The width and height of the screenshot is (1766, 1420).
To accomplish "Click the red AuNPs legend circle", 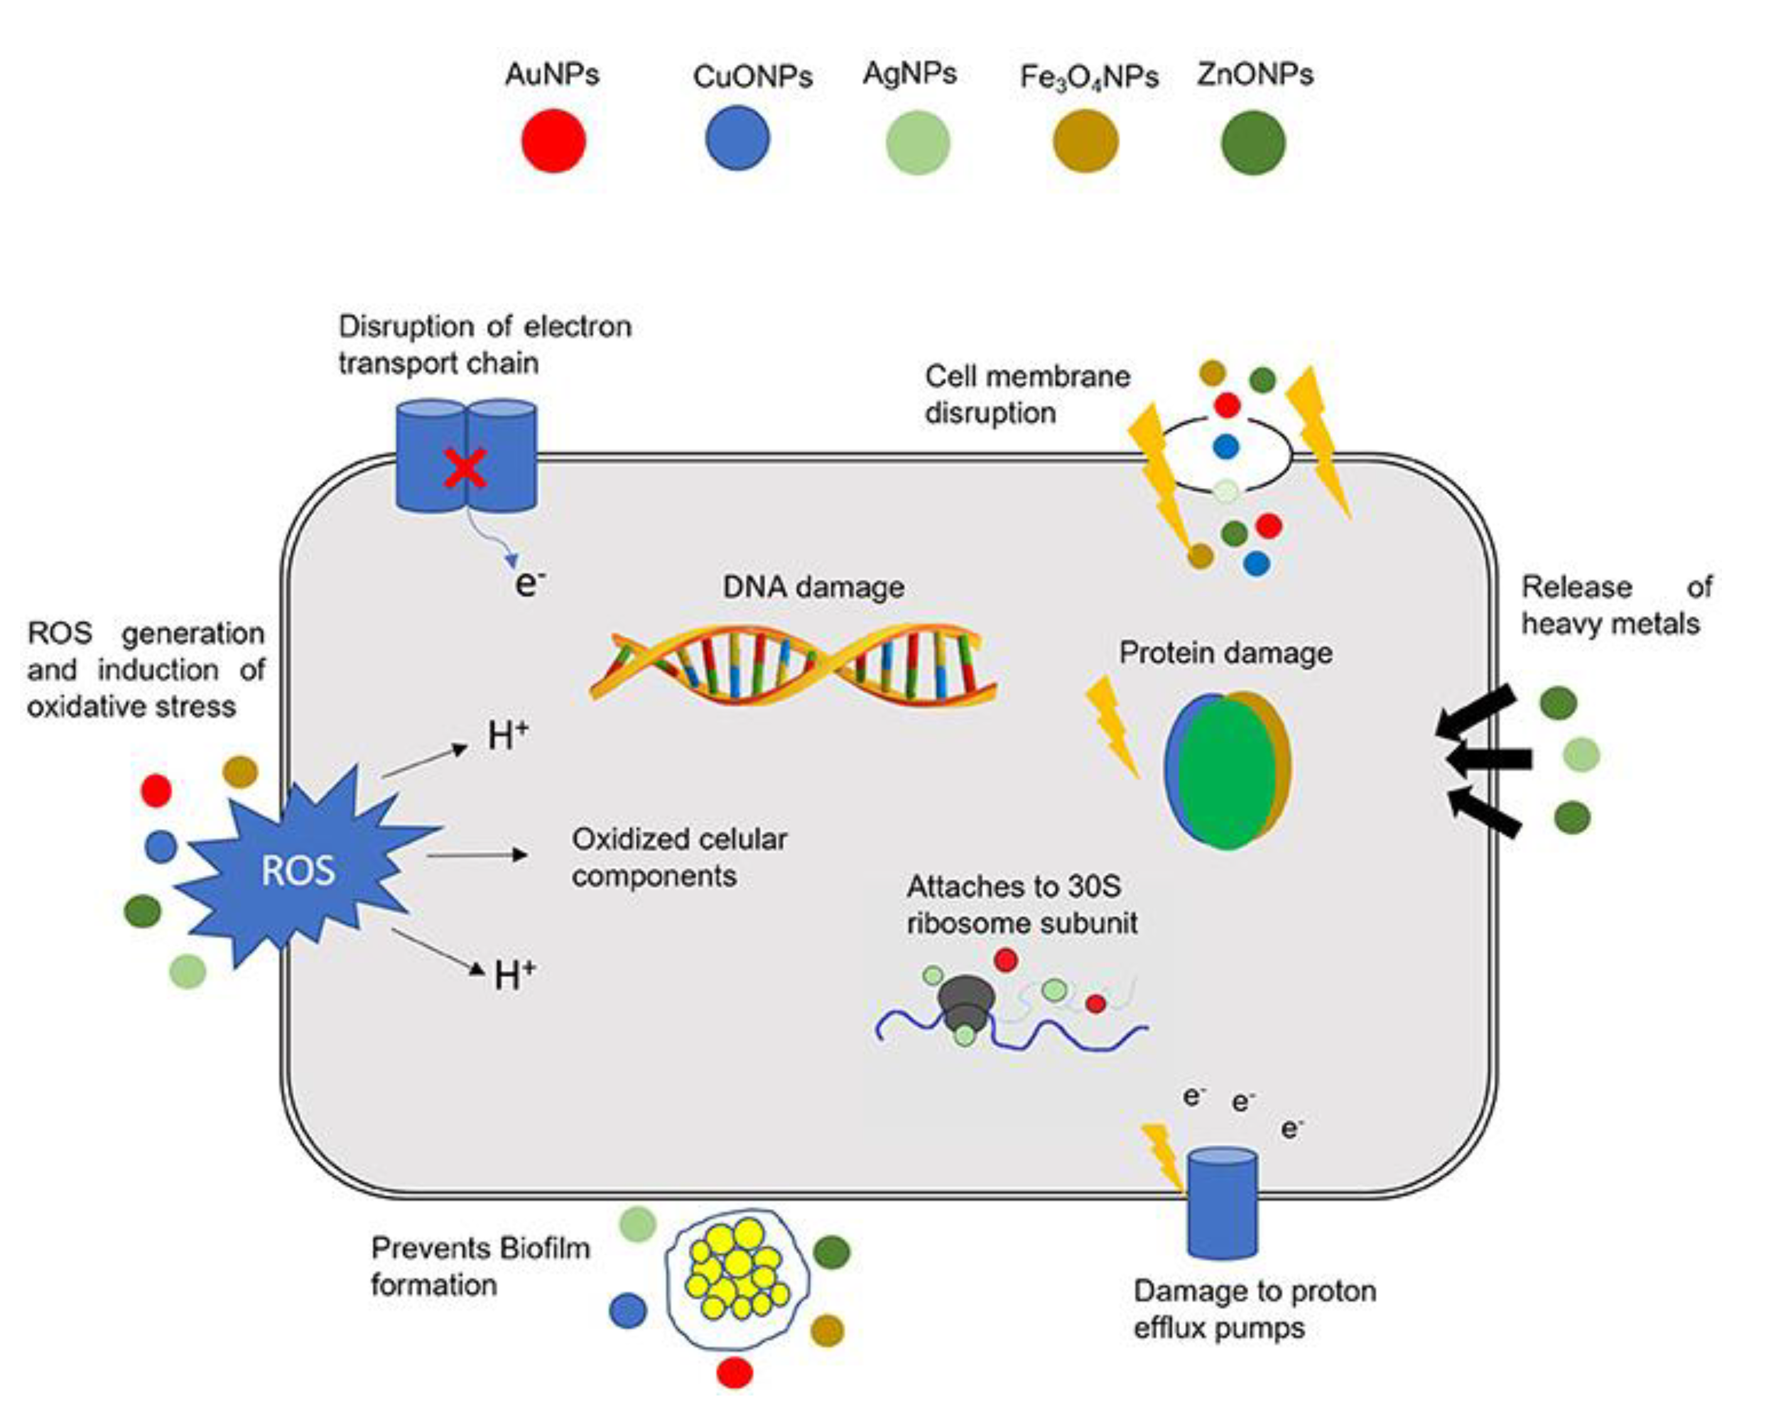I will [x=554, y=141].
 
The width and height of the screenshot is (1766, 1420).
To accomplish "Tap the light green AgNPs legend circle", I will [x=918, y=143].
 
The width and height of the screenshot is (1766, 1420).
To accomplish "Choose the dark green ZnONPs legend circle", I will [x=1254, y=143].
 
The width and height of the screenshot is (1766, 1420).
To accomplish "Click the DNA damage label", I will [x=813, y=587].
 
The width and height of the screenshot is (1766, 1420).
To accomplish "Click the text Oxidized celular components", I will [x=678, y=857].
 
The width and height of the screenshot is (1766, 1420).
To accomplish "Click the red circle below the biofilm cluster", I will [x=734, y=1372].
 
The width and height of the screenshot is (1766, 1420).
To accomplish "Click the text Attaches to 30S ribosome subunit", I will [x=1021, y=905].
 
